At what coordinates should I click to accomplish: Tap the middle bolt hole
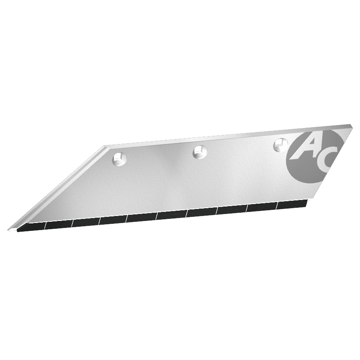[x=200, y=152]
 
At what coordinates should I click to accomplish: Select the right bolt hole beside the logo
[x=281, y=145]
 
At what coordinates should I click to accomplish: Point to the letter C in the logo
[x=325, y=161]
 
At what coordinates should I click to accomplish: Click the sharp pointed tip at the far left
[x=9, y=230]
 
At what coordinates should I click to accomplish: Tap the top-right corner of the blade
[x=351, y=125]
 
